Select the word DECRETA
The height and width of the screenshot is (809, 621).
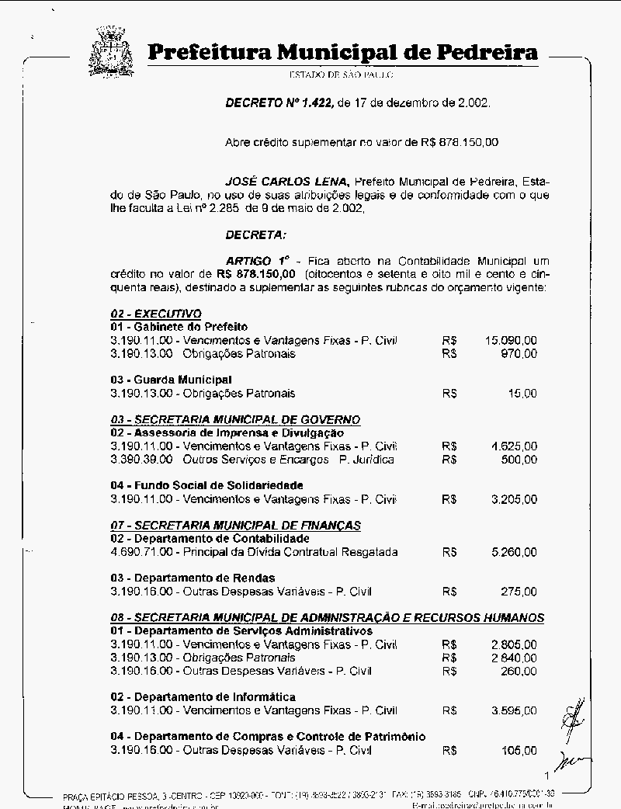[x=255, y=234]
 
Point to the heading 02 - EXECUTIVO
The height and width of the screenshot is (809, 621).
[x=156, y=314]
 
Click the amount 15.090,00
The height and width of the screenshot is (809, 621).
[x=511, y=340]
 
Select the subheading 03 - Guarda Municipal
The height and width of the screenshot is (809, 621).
[x=172, y=380]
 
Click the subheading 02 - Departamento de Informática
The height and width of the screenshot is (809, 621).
[x=203, y=697]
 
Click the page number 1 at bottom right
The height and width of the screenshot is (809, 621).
[x=547, y=775]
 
